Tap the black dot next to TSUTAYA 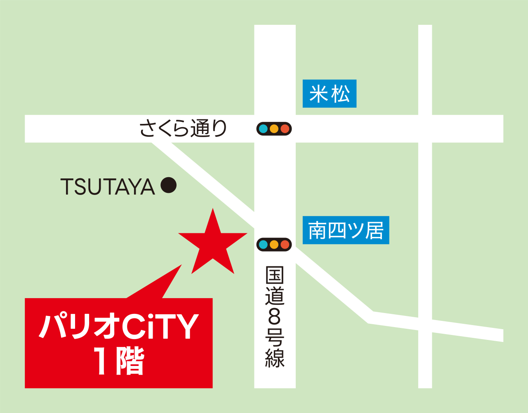(x=168, y=185)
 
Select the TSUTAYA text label (x=108, y=187)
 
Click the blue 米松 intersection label (x=329, y=94)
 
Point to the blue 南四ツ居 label (x=346, y=230)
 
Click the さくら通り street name (x=183, y=128)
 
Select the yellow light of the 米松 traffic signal (x=274, y=129)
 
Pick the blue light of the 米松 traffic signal (x=263, y=129)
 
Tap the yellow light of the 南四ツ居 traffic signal (x=274, y=244)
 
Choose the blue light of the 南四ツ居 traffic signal (x=263, y=244)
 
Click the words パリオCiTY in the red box (x=119, y=326)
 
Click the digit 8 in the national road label (x=275, y=317)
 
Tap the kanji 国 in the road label (x=275, y=275)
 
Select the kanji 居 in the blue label (x=374, y=230)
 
